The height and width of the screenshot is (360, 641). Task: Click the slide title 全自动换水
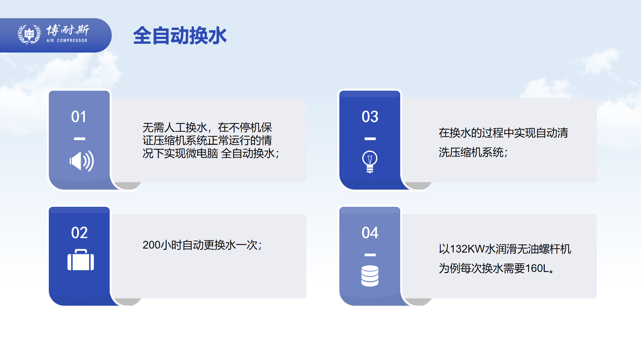pos(180,36)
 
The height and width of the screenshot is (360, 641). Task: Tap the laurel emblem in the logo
pos(29,34)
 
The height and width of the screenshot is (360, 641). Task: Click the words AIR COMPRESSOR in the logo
pos(67,41)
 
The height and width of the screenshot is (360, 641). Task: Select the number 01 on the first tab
pos(79,117)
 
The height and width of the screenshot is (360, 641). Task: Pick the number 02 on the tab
pos(79,233)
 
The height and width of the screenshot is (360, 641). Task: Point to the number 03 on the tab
pos(370,117)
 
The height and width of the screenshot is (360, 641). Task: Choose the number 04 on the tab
pos(370,233)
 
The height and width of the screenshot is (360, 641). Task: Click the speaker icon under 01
pos(81,161)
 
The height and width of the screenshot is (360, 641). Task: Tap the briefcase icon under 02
pos(81,260)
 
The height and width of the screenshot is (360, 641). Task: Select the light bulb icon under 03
pos(370,162)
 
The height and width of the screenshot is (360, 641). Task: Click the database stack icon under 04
pos(370,276)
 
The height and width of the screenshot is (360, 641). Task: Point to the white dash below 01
pos(79,139)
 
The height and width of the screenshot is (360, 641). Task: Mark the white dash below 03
pos(370,139)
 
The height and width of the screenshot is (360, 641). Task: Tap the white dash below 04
pos(370,255)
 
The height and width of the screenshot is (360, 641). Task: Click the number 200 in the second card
pos(152,245)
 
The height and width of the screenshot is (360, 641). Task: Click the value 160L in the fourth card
pos(537,269)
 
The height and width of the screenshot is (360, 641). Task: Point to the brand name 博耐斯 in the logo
pos(68,30)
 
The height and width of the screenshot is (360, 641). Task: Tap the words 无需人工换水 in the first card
pos(175,128)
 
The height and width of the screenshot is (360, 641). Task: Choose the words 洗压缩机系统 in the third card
pos(471,153)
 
